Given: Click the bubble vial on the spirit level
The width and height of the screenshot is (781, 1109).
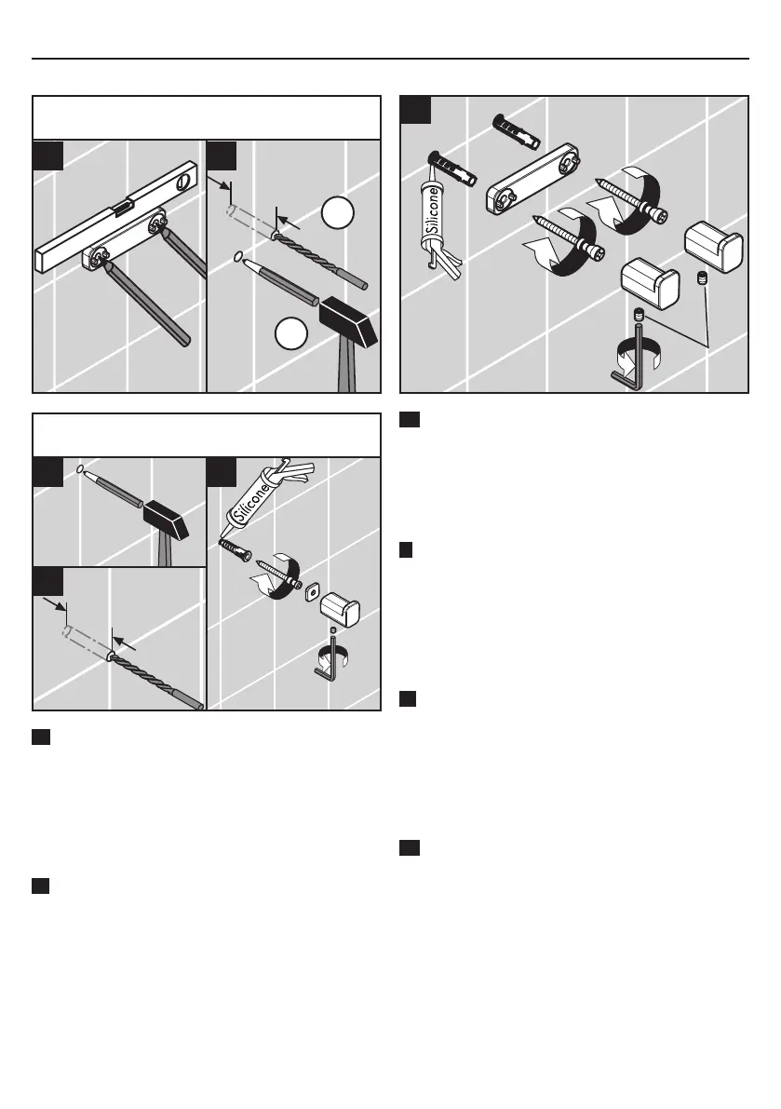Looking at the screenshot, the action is [x=122, y=207].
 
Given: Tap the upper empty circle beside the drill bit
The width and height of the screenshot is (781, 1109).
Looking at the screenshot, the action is [x=338, y=212].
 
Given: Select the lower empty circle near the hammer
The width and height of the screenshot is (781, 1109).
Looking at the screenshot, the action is [x=291, y=333].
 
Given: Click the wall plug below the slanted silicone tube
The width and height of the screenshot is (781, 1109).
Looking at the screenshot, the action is [x=236, y=549].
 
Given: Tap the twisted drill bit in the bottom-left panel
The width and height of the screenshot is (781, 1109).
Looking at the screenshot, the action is [x=156, y=680].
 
